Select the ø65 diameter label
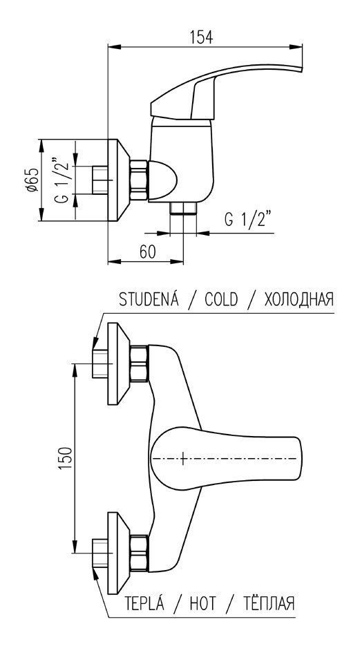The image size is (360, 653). tap(32, 180)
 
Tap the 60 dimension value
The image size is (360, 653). tap(146, 252)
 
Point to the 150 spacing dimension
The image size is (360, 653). tap(64, 458)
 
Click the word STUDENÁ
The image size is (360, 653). tap(149, 299)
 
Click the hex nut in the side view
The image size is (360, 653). tap(140, 180)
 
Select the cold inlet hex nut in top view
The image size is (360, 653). tap(140, 363)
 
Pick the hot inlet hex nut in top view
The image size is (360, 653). tap(140, 553)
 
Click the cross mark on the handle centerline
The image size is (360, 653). tap(182, 459)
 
